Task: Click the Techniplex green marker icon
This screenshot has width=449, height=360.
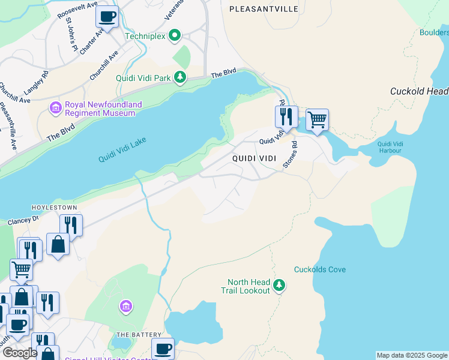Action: click(x=175, y=36)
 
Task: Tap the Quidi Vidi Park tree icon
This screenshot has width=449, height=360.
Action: click(x=179, y=77)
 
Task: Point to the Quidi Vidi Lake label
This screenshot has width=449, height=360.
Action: click(x=122, y=150)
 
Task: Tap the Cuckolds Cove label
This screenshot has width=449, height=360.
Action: click(x=319, y=269)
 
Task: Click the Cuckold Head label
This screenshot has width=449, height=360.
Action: click(x=419, y=91)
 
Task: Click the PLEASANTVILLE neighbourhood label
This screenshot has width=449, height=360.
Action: click(x=264, y=9)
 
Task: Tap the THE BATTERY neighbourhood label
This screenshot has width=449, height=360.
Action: click(x=139, y=334)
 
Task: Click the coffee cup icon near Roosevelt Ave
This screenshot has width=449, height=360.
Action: click(x=107, y=17)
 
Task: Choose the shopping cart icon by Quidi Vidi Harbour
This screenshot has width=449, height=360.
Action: click(x=317, y=119)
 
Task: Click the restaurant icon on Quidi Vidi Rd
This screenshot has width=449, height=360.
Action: click(x=286, y=115)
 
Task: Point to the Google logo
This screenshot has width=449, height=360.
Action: click(x=20, y=353)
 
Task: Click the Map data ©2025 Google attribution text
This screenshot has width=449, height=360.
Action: click(x=411, y=355)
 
